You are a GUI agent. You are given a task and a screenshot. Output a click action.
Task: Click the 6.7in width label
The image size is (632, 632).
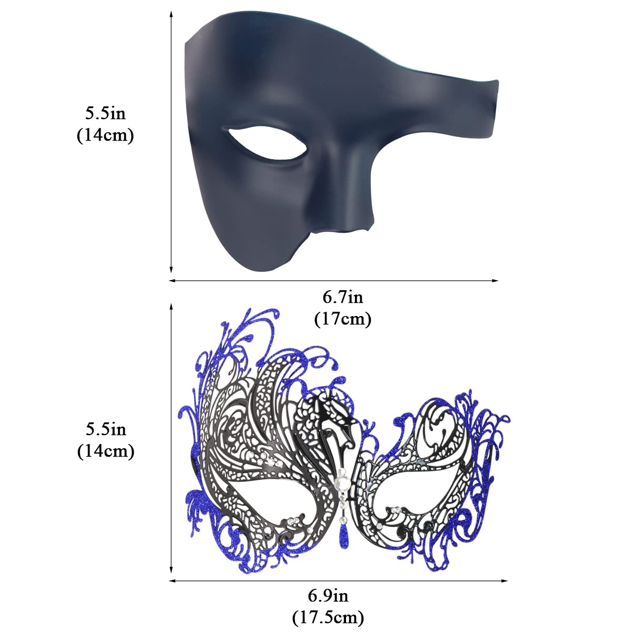click(343, 298)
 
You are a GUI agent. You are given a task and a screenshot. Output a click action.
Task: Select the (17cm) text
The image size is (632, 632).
click(343, 319)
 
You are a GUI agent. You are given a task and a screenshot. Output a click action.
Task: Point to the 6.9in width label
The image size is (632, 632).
click(328, 596)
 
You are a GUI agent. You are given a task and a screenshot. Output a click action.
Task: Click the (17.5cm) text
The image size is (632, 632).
click(328, 617)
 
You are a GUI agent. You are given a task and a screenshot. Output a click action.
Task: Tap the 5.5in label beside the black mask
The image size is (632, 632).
click(105, 113)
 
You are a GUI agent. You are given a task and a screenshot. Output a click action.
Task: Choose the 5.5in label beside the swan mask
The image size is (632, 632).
click(106, 429)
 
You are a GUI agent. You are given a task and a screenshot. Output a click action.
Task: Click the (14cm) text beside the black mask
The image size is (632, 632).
click(105, 135)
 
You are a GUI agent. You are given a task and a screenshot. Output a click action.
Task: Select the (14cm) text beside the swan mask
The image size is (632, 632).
click(106, 451)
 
